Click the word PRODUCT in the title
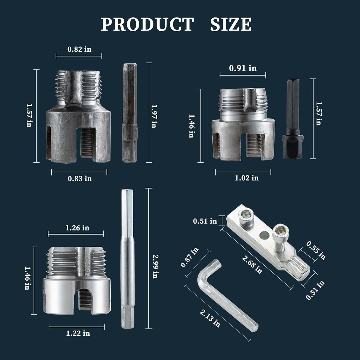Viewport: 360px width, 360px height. pyautogui.click(x=147, y=25)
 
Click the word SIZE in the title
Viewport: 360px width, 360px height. pyautogui.click(x=231, y=25)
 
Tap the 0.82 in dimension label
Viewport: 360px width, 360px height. pyautogui.click(x=79, y=49)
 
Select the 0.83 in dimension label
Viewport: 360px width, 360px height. pyautogui.click(x=79, y=179)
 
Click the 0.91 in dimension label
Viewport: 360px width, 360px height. pyautogui.click(x=243, y=68)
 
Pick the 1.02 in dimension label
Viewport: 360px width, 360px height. pyautogui.click(x=246, y=178)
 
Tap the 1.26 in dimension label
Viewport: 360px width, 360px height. pyautogui.click(x=77, y=228)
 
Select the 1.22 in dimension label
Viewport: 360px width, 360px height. pyautogui.click(x=78, y=333)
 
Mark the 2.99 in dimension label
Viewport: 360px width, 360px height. pyautogui.click(x=154, y=266)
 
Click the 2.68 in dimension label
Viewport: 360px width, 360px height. pyautogui.click(x=252, y=264)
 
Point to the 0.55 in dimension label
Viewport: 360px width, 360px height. pyautogui.click(x=316, y=250)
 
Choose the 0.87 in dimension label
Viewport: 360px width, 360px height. pyautogui.click(x=189, y=257)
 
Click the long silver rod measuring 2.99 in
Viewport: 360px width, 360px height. pyautogui.click(x=127, y=258)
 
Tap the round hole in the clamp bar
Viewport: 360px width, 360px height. pyautogui.click(x=264, y=234)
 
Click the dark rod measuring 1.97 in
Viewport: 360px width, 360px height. pyautogui.click(x=130, y=112)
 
